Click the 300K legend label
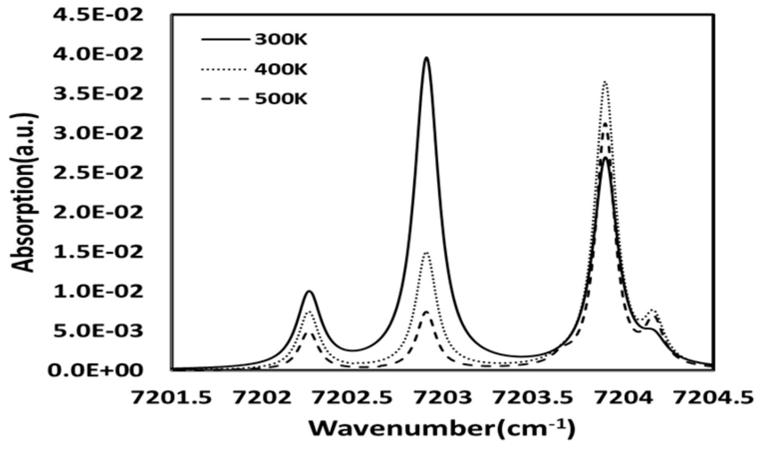click(280, 40)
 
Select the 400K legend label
click(281, 69)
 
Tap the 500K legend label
click(281, 98)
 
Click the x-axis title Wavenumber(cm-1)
click(442, 427)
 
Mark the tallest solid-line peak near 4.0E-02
click(426, 58)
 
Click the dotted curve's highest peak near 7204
click(605, 82)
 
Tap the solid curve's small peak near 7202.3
click(310, 291)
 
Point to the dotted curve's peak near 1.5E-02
click(427, 253)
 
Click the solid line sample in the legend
click(225, 40)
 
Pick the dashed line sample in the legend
click(225, 99)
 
